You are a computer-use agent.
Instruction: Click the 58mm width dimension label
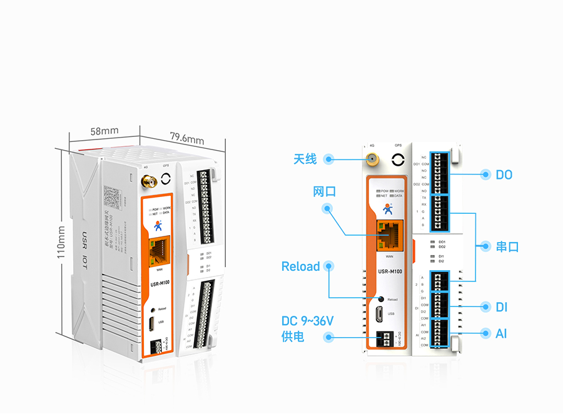[x=104, y=131]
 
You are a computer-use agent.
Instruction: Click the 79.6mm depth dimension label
[x=187, y=138]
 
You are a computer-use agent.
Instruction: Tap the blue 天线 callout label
[x=305, y=159]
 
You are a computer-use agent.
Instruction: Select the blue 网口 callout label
[x=325, y=191]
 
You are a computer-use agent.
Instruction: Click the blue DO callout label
[x=504, y=174]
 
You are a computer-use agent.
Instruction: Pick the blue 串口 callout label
[x=507, y=246]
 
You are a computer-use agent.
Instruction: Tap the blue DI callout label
[x=501, y=307]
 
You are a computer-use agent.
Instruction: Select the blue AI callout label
[x=501, y=334]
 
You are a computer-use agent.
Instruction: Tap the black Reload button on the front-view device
[x=381, y=299]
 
